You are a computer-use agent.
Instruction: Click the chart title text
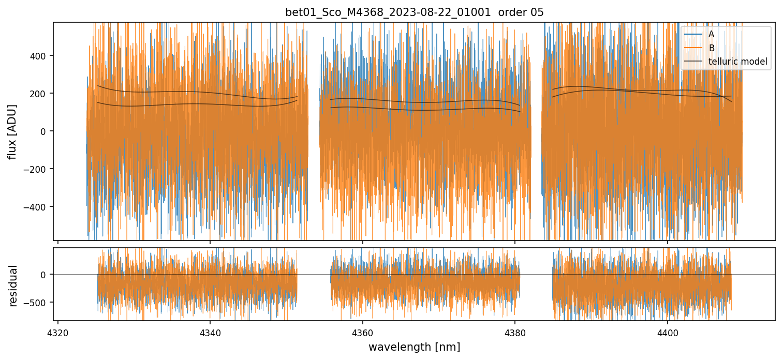414,12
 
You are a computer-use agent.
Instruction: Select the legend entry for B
711,48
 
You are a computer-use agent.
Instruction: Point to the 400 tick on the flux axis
41,55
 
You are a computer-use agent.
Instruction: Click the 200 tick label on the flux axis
41,93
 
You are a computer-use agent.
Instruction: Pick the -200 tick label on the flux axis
38,169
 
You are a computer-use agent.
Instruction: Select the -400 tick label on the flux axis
38,207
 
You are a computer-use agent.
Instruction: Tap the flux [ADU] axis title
12,131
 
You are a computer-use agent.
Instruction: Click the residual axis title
13,286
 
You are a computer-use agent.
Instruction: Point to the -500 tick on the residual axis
38,302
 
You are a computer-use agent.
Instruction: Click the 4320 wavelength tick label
57,331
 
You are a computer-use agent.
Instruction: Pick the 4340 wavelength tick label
210,331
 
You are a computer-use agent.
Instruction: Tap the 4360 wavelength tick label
362,331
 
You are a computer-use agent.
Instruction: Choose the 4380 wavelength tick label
515,331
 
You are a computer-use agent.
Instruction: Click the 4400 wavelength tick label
667,331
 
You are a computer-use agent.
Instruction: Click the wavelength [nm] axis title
414,347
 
